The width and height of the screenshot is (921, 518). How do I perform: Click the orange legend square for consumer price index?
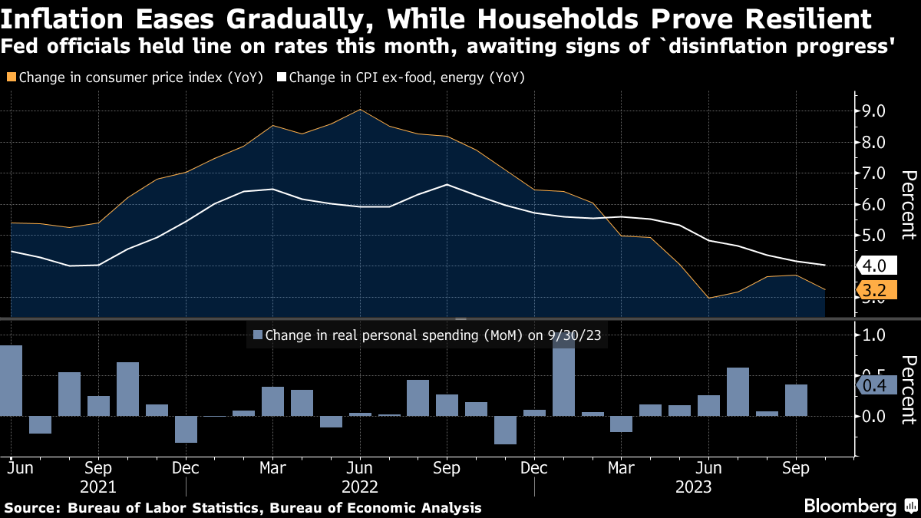(10, 78)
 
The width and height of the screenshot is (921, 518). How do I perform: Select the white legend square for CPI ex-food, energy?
(281, 78)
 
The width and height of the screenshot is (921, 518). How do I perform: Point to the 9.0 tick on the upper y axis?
(874, 111)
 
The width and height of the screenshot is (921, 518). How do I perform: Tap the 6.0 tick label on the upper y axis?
(874, 205)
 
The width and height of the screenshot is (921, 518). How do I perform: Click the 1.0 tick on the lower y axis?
(874, 335)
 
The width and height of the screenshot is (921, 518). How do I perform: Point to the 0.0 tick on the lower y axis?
(874, 416)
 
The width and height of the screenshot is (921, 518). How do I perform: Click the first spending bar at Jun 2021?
(11, 381)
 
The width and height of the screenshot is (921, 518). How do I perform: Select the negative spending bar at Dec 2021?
(186, 429)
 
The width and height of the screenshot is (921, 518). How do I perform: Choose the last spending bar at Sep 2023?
(796, 400)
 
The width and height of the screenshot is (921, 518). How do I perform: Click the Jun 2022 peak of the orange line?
(361, 110)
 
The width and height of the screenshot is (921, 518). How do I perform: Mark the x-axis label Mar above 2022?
(273, 467)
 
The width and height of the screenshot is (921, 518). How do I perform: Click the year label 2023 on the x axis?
(694, 487)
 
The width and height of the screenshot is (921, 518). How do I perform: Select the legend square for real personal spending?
(257, 335)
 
